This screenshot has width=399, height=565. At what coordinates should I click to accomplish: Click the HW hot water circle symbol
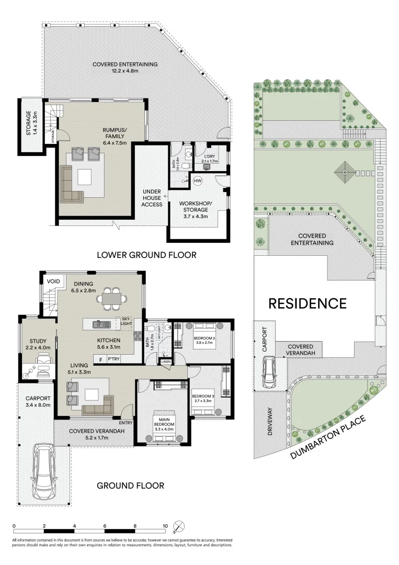pos(198,181)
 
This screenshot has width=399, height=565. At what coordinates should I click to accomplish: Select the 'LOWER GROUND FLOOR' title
pos(146,255)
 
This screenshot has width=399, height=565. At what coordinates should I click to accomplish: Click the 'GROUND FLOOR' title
pos(130,485)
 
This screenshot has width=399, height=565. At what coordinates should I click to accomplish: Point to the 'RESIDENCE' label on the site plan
pos(307,303)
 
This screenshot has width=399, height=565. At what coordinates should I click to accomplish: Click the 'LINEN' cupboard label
pos(166,362)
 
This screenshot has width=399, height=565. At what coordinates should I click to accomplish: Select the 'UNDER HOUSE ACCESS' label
pos(152,198)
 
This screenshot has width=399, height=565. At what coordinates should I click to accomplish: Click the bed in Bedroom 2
pos(202,336)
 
